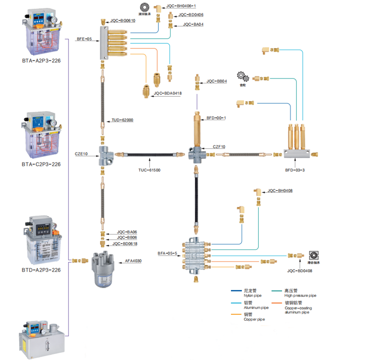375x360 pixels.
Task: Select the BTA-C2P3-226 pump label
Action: pyautogui.click(x=41, y=164)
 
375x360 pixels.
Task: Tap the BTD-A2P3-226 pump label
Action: pyautogui.click(x=41, y=270)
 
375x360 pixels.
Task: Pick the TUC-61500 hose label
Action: pyautogui.click(x=149, y=170)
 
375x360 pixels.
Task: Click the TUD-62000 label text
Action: pyautogui.click(x=122, y=120)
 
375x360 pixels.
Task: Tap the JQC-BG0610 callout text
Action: pyautogui.click(x=123, y=20)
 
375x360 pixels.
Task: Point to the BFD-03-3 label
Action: pyautogui.click(x=295, y=170)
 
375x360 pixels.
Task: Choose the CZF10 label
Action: pyautogui.click(x=219, y=146)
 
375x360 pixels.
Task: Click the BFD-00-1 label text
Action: pyautogui.click(x=216, y=118)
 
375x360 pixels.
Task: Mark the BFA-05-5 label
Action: pyautogui.click(x=167, y=253)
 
